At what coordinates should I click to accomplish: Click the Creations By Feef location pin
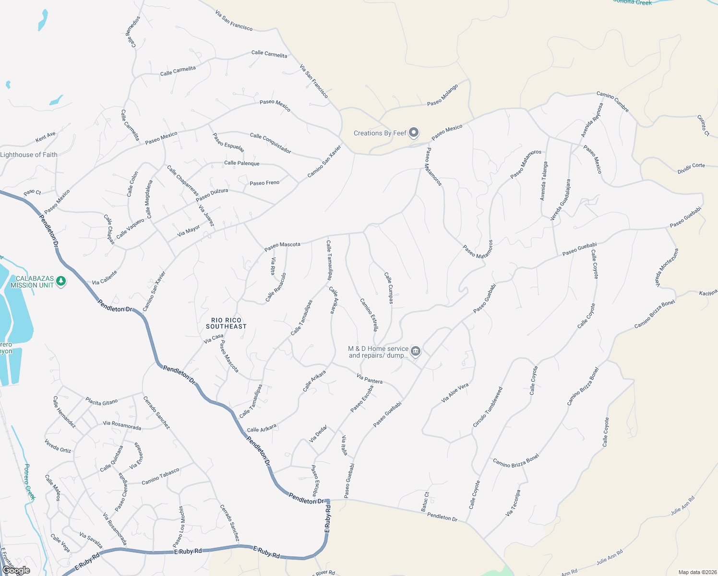[414, 133]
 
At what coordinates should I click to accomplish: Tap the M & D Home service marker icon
[416, 351]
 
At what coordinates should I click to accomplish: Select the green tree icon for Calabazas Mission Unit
[60, 281]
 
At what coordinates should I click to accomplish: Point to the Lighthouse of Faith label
[29, 155]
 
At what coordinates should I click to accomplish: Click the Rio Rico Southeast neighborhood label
[226, 323]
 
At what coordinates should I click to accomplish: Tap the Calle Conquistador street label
[270, 143]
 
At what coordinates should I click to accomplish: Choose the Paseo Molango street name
[443, 95]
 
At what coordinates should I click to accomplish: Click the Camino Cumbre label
[612, 102]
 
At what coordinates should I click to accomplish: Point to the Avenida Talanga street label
[543, 180]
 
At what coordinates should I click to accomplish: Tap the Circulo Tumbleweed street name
[488, 407]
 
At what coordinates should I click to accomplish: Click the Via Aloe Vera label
[455, 393]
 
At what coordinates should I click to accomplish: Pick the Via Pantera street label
[370, 378]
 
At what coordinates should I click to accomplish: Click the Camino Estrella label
[369, 314]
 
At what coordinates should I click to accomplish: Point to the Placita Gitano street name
[101, 401]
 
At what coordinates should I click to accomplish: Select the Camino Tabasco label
[160, 476]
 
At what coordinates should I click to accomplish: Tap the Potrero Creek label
[30, 482]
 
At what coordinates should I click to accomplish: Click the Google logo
[16, 570]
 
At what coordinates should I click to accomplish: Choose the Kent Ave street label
[46, 138]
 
